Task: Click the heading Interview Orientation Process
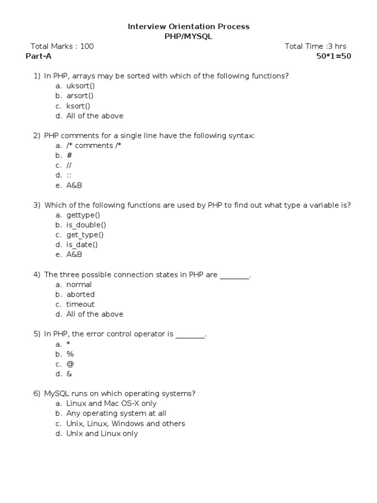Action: pos(188,27)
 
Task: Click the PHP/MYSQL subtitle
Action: pos(188,36)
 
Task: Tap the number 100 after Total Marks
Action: pos(87,46)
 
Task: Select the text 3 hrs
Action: pos(337,46)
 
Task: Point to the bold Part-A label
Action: pos(38,56)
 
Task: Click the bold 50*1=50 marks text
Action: pos(334,56)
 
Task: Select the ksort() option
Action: pos(79,106)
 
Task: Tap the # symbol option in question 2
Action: pos(69,156)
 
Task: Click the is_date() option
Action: pos(82,245)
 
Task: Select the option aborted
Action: pos(81,294)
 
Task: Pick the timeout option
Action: pos(81,304)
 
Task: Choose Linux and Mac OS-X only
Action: pos(111,403)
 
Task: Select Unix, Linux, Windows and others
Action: pos(126,423)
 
